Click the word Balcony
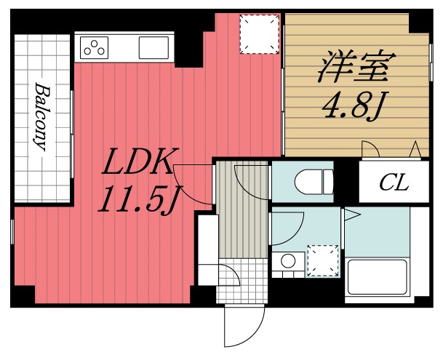(x=41, y=116)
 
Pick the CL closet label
(x=393, y=182)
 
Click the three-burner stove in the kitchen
(x=94, y=48)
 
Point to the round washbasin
(x=288, y=260)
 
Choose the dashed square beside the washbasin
(x=323, y=260)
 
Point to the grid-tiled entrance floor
(x=241, y=280)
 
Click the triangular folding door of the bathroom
(x=352, y=214)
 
